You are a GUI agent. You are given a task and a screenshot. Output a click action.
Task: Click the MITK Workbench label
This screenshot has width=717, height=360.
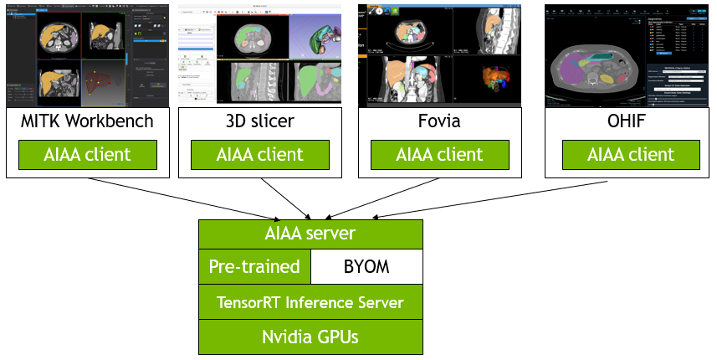click(87, 121)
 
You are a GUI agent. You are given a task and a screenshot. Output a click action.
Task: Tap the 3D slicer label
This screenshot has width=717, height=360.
click(259, 121)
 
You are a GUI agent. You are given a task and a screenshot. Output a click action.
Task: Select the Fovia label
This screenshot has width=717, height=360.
click(439, 121)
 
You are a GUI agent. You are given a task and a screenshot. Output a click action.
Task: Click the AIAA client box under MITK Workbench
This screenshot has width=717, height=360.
click(87, 154)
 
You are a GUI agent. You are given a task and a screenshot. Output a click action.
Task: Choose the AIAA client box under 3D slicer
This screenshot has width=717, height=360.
click(259, 154)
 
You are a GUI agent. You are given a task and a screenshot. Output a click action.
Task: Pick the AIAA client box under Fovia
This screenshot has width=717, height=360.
click(439, 154)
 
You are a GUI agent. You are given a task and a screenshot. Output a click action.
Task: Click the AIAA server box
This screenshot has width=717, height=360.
click(310, 234)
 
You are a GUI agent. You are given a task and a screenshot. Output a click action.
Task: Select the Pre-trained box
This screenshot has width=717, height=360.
click(254, 267)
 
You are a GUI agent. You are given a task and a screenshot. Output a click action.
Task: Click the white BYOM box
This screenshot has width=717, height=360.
click(366, 267)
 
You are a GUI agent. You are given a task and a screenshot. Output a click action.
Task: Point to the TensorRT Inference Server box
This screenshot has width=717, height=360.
click(310, 302)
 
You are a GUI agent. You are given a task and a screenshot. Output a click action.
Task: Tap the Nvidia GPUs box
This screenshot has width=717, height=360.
click(310, 337)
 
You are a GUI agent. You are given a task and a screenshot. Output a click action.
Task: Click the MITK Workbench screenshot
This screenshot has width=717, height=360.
click(87, 55)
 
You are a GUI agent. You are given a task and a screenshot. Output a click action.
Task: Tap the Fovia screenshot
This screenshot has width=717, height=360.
click(439, 55)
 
